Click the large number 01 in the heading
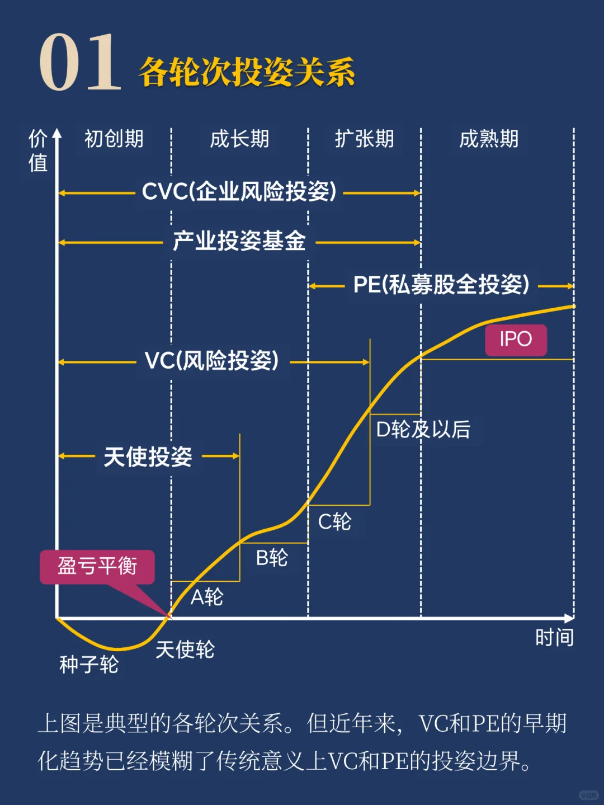pyautogui.click(x=79, y=63)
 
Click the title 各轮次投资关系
pyautogui.click(x=247, y=72)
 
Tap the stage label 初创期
pyautogui.click(x=114, y=139)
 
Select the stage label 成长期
pyautogui.click(x=239, y=139)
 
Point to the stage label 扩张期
pyautogui.click(x=364, y=139)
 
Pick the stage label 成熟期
pyautogui.click(x=489, y=139)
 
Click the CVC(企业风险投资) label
pyautogui.click(x=239, y=192)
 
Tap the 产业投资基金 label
pyautogui.click(x=239, y=241)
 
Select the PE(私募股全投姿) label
pyautogui.click(x=441, y=285)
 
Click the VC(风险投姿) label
pyautogui.click(x=211, y=361)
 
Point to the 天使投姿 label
pyautogui.click(x=148, y=456)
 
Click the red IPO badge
pyautogui.click(x=516, y=340)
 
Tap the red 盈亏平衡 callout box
pyautogui.click(x=97, y=566)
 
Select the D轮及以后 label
pyautogui.click(x=423, y=430)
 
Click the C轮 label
pyautogui.click(x=334, y=522)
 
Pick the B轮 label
pyautogui.click(x=272, y=558)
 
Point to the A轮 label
pyautogui.click(x=207, y=597)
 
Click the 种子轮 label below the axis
pyautogui.click(x=89, y=665)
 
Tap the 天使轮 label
pyautogui.click(x=185, y=649)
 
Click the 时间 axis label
pyautogui.click(x=554, y=638)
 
